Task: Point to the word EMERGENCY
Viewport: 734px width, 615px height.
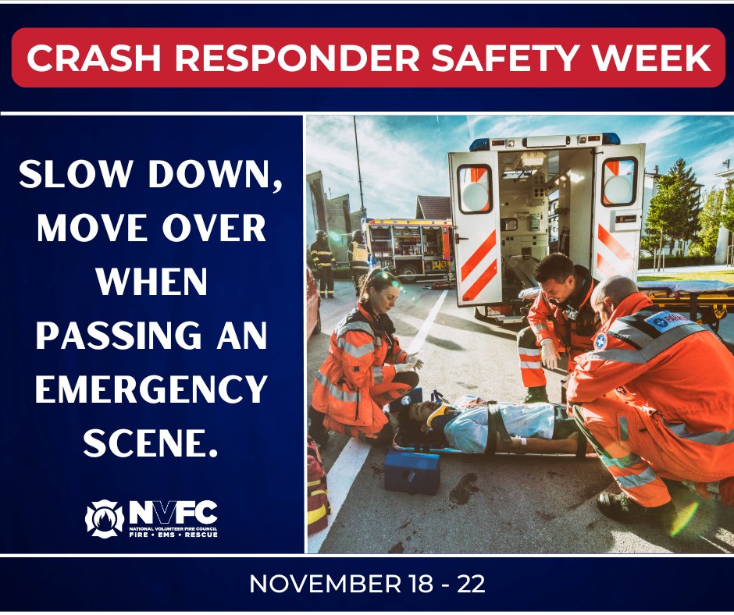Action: [151, 389]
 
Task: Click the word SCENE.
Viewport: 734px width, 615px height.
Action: [148, 443]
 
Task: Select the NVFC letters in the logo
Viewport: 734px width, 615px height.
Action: [173, 512]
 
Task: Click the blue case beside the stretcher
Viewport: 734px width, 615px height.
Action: [412, 471]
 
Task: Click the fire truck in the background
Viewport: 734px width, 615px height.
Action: [409, 247]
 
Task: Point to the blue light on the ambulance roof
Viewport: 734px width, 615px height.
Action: [479, 144]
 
